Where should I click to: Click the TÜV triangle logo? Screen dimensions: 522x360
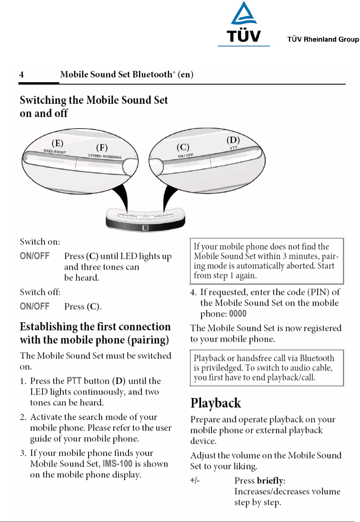[x=243, y=14]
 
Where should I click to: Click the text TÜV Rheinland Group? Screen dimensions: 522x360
[x=323, y=39]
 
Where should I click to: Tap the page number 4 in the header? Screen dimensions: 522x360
[x=22, y=75]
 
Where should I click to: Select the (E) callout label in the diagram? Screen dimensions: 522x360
[x=57, y=143]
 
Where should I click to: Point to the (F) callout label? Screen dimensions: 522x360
[x=102, y=147]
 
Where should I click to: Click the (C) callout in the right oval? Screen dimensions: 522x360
[x=183, y=147]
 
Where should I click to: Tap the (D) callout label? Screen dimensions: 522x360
[x=233, y=140]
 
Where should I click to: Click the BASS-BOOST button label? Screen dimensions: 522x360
[x=55, y=151]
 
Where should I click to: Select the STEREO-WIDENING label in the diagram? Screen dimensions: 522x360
[x=105, y=156]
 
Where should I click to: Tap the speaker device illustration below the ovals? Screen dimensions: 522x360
[x=145, y=220]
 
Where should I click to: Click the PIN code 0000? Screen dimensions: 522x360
[x=238, y=314]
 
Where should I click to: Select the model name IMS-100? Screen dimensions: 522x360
[x=117, y=464]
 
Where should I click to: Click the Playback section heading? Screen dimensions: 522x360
[x=216, y=403]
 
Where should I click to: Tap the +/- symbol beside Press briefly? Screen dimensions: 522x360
[x=195, y=480]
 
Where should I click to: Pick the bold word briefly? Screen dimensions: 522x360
[x=270, y=480]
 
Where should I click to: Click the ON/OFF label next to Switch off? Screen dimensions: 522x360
[x=35, y=306]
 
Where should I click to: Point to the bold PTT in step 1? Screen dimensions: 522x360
[x=74, y=381]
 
